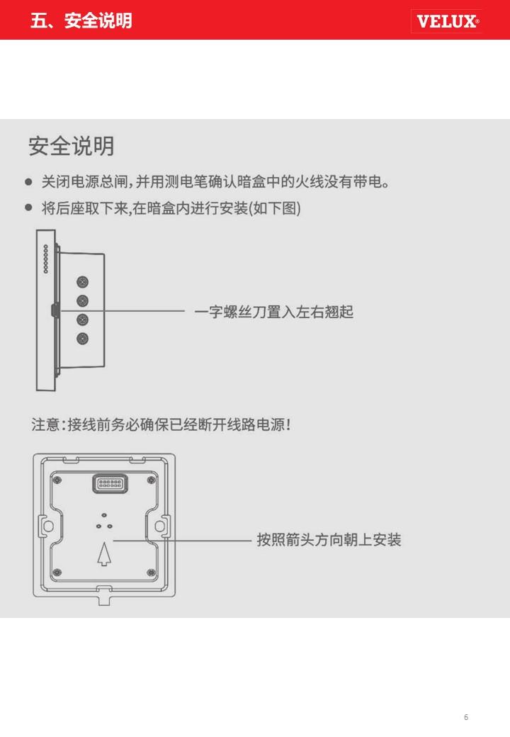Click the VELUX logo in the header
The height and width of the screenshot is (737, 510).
click(x=447, y=21)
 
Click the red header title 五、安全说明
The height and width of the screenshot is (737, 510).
click(x=81, y=21)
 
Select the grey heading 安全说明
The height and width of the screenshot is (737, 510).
click(x=71, y=146)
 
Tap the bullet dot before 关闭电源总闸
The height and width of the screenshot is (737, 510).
click(x=29, y=182)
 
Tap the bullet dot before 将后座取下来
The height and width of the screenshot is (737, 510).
click(x=29, y=208)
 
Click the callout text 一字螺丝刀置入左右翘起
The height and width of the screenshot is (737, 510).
click(x=273, y=311)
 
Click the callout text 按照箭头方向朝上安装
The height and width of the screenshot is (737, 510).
click(x=329, y=540)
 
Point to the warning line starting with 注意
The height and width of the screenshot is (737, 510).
click(x=161, y=425)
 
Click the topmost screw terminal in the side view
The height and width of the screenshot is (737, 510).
click(x=82, y=282)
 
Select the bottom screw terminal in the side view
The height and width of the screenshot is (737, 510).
click(x=82, y=338)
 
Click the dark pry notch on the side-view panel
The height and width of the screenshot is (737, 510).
click(x=53, y=310)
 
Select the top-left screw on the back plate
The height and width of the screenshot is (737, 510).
click(x=58, y=480)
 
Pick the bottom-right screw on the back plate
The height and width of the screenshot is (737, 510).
click(x=150, y=572)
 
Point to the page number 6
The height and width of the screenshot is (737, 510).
click(x=466, y=717)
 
